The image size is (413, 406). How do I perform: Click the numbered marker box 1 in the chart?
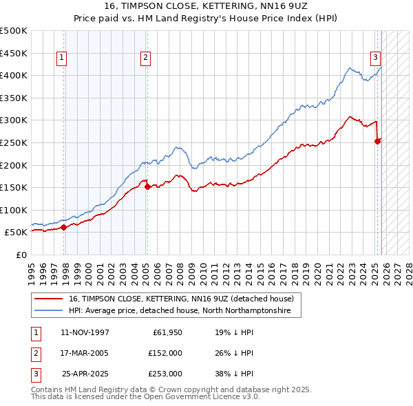tap(62, 58)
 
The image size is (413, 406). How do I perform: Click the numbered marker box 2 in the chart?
tap(146, 58)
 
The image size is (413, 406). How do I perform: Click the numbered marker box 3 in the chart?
tap(376, 58)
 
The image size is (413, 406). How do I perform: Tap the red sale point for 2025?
tap(377, 141)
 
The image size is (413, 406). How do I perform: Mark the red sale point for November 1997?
tap(63, 227)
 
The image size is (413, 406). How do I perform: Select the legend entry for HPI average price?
tap(180, 311)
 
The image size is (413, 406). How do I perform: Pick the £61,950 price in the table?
tap(167, 332)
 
